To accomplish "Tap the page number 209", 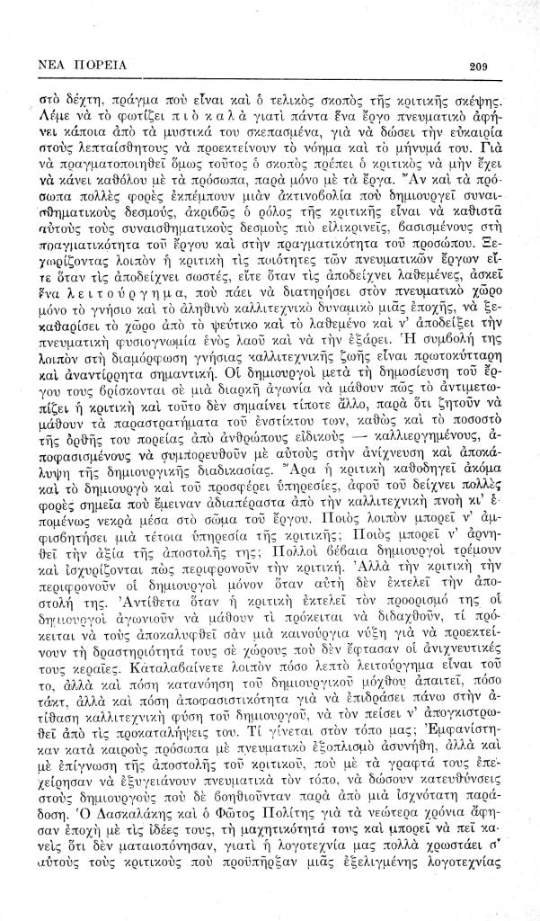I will click(x=477, y=66).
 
